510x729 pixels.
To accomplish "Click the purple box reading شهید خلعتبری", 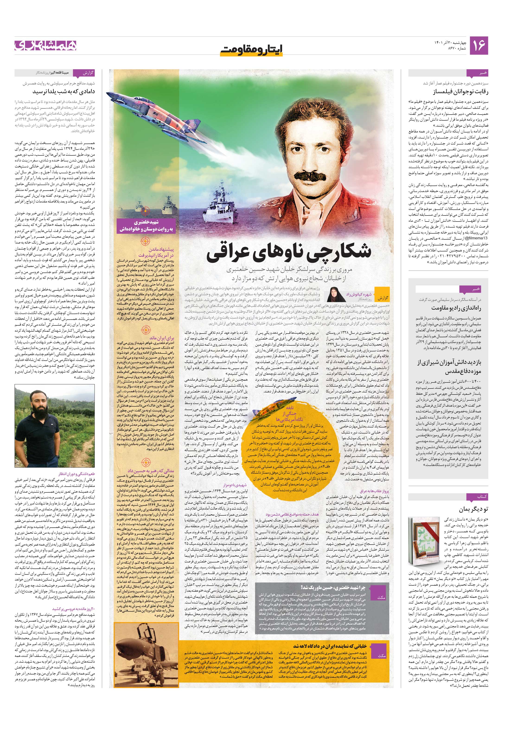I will tap(146, 225).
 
